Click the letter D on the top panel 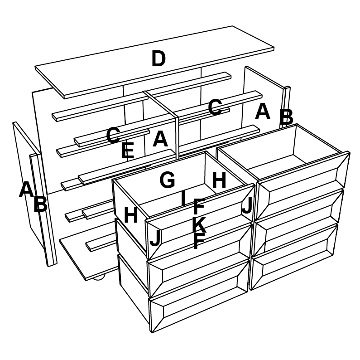point(158,58)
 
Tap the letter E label point(128,151)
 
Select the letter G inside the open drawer point(167,180)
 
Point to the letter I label point(183,198)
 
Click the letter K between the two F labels point(199,224)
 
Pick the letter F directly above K point(199,206)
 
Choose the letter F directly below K point(199,241)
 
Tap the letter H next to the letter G point(219,180)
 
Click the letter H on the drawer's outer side point(131,215)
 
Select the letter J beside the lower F point(155,238)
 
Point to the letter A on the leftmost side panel point(26,190)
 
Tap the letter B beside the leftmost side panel point(40,204)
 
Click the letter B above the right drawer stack point(286,117)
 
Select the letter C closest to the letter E point(113,135)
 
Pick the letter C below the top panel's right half point(215,107)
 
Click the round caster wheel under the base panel point(99,277)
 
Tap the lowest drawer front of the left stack point(199,296)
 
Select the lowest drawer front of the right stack point(293,257)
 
